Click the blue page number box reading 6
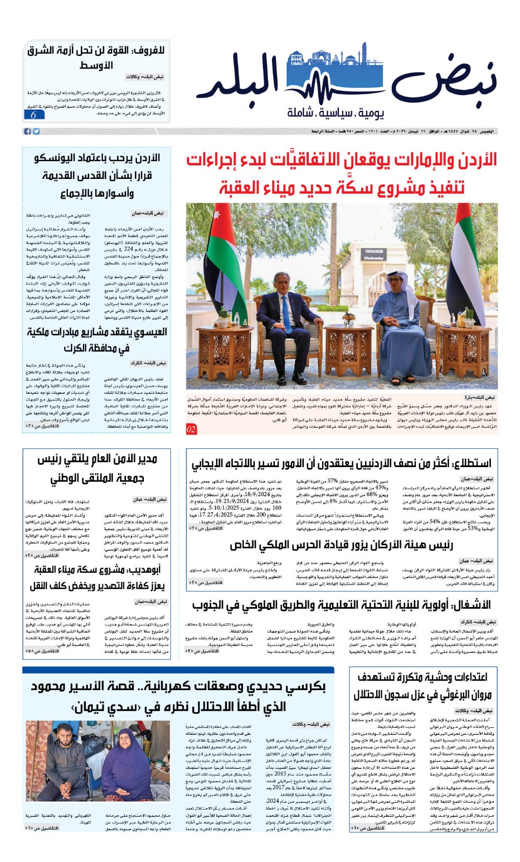coord(34,114)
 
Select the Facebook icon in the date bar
coord(27,131)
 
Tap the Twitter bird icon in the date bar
coord(36,131)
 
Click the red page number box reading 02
coord(191,429)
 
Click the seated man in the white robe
coord(401,318)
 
